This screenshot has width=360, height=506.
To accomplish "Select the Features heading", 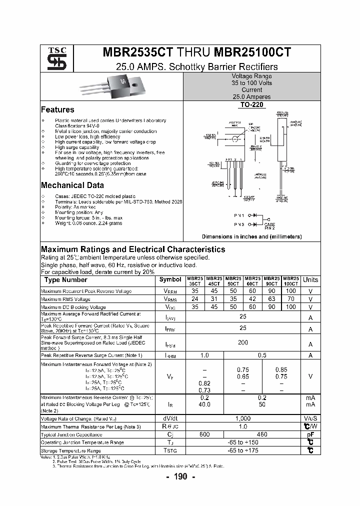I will tap(57, 109).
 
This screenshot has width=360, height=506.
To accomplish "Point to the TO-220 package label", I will tap(252, 105).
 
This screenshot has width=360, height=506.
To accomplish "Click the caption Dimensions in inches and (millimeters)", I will tap(251, 236).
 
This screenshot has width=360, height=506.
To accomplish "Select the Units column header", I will tap(310, 280).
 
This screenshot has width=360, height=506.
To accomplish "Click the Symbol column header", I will tap(170, 280).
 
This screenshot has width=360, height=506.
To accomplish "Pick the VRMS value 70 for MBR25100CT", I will tap(291, 299).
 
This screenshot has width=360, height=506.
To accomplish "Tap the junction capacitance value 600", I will tap(204, 434).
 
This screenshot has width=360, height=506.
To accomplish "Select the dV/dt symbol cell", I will tap(170, 418).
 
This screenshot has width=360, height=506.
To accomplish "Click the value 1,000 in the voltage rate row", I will tap(243, 418).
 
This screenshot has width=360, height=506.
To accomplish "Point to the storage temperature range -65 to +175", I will tap(243, 450).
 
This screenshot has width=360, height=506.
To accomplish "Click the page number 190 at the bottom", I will tap(180, 476).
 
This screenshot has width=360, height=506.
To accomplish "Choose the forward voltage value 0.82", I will tap(204, 383).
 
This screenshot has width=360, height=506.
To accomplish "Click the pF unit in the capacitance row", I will tap(310, 434).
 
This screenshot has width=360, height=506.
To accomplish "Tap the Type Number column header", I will tap(65, 280).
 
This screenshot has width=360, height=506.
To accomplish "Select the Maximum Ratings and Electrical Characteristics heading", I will tap(133, 249).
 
